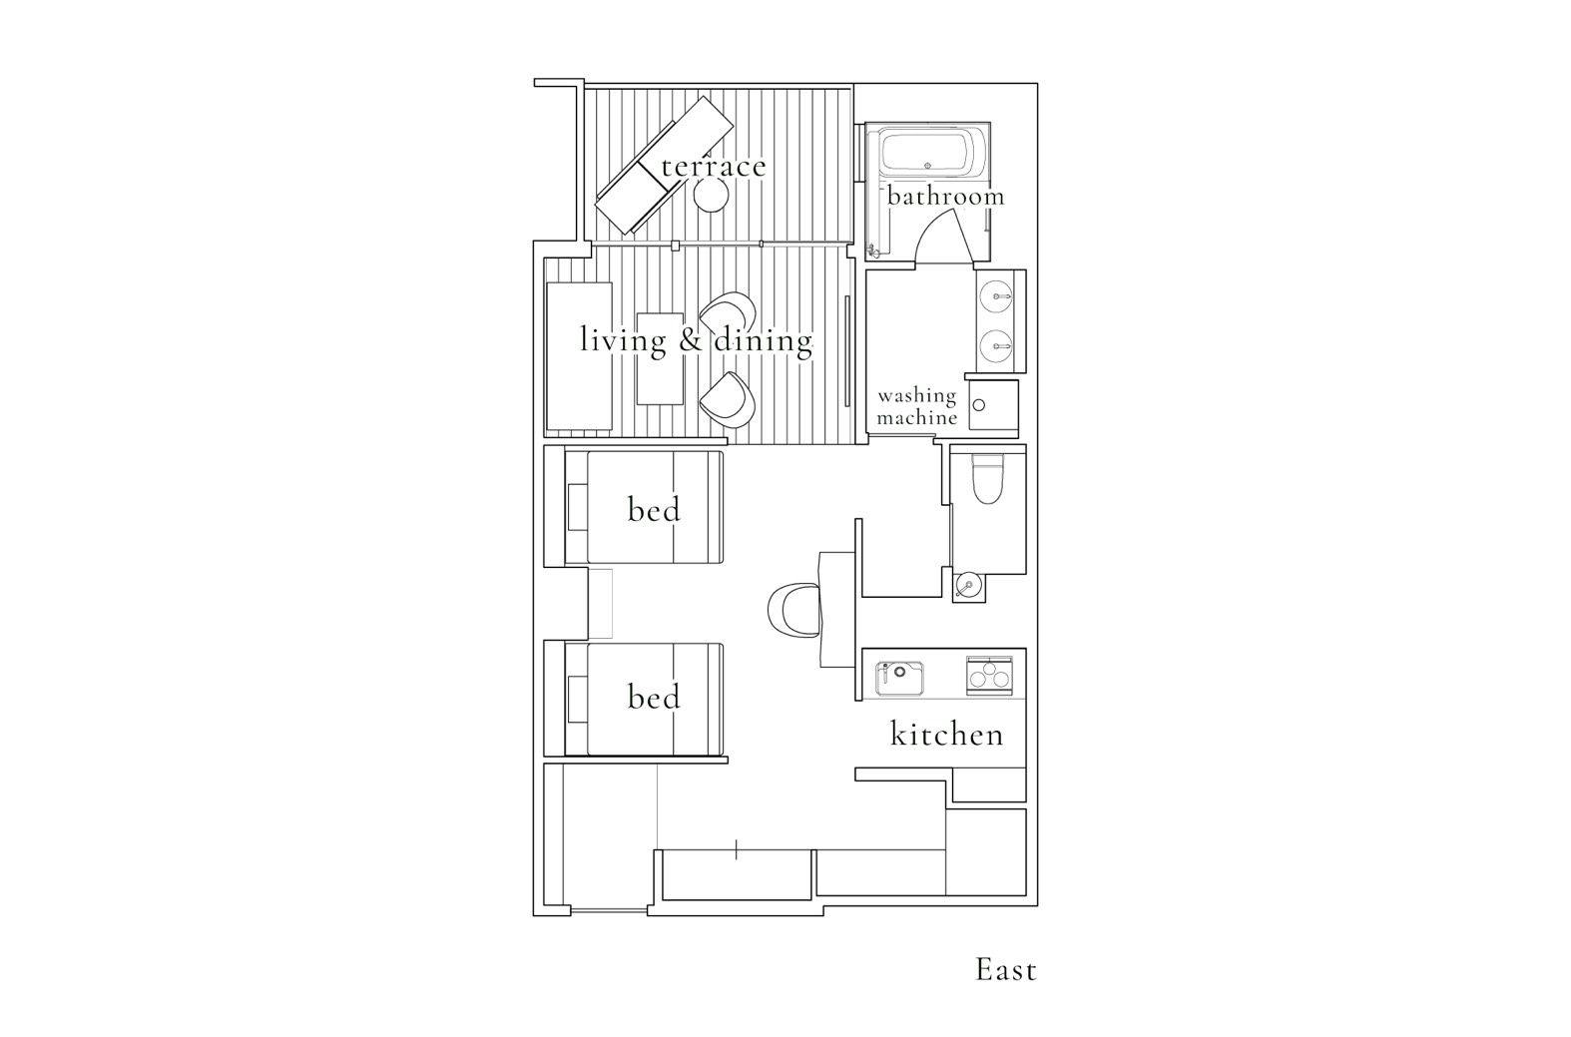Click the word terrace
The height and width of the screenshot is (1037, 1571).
[x=713, y=167]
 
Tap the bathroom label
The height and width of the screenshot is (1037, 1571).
[x=945, y=196]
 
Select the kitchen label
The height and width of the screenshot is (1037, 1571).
[x=947, y=735]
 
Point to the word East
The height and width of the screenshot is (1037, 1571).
[x=1006, y=970]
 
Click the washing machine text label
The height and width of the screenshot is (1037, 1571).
[x=917, y=406]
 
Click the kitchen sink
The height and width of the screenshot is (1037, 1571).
[x=899, y=678]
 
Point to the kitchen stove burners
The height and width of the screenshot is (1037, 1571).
[x=989, y=676]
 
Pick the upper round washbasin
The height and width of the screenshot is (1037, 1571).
[x=996, y=296]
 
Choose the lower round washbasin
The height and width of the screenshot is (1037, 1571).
[x=996, y=345]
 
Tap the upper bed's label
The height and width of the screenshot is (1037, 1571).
[x=654, y=509]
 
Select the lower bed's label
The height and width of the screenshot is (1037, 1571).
[x=654, y=697]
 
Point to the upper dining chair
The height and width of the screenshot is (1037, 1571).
[x=728, y=314]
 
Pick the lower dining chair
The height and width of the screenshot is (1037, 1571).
[x=728, y=400]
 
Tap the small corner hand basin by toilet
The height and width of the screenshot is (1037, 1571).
[x=968, y=585]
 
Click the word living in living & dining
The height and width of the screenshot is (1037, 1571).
[x=624, y=341]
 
